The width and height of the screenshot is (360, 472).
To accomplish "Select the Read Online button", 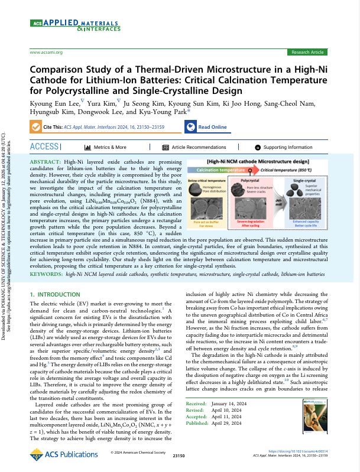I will [x=206, y=127].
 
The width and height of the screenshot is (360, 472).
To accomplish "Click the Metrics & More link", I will [x=110, y=147].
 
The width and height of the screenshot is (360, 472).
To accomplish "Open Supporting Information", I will [x=287, y=147].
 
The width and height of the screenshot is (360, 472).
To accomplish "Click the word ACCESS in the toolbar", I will [x=44, y=147].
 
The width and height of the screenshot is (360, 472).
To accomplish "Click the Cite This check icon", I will [x=36, y=127].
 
